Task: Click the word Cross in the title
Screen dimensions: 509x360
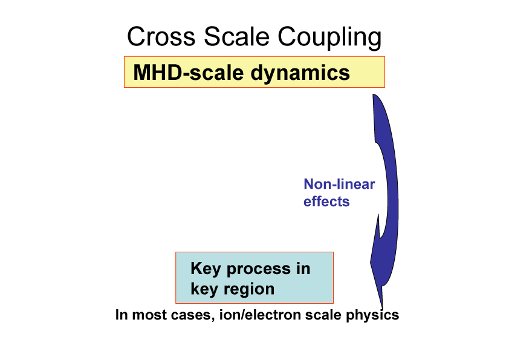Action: pos(161,36)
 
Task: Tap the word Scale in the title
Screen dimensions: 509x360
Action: pos(236,36)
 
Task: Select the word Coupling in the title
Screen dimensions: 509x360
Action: pos(330,38)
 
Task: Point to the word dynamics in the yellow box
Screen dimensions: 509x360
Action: pos(300,73)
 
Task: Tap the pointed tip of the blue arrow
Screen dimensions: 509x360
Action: pos(383,309)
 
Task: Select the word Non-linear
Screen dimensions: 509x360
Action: pos(339,184)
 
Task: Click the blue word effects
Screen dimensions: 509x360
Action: pos(326,201)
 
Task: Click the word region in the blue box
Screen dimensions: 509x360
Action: pos(249,289)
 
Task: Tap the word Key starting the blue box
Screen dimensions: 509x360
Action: pos(206,269)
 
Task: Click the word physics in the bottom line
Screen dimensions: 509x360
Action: pos(372,315)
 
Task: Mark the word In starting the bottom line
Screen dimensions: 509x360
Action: pos(122,315)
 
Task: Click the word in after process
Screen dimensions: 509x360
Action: pos(303,269)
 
